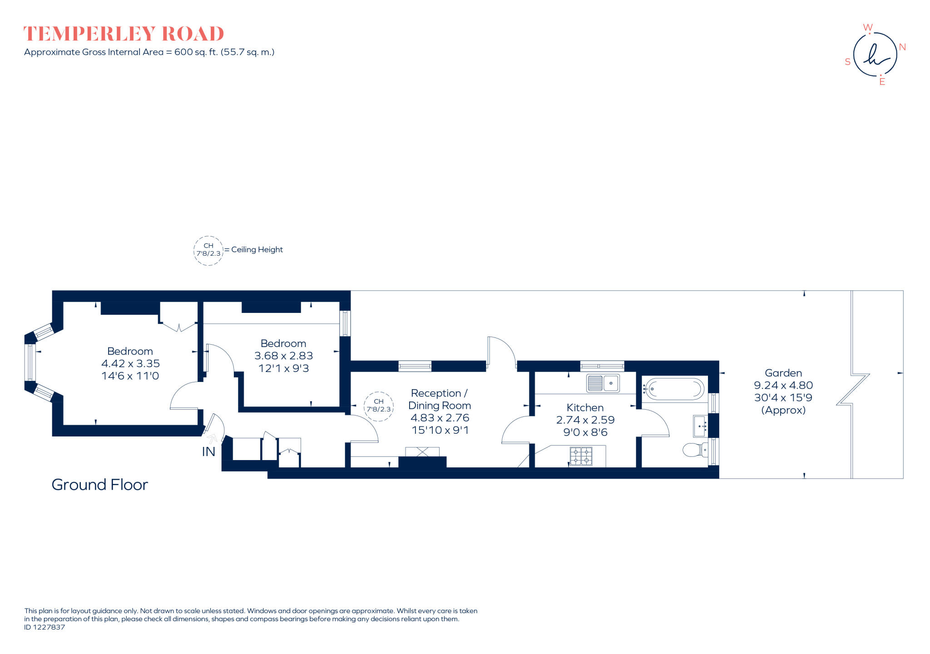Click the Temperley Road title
[x=124, y=34]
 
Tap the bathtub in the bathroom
[x=675, y=389]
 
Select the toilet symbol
[x=693, y=450]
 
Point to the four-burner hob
[x=581, y=456]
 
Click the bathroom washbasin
[x=700, y=426]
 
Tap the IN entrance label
[x=208, y=452]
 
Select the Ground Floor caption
[x=100, y=485]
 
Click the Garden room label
[x=783, y=373]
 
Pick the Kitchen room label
[x=585, y=408]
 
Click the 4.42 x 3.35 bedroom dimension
[x=130, y=364]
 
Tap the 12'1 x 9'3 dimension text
[x=284, y=368]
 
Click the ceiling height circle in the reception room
[x=379, y=406]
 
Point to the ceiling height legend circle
[x=208, y=250]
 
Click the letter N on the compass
[x=902, y=47]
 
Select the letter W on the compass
[x=867, y=28]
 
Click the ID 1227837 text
[x=45, y=627]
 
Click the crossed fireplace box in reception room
[x=422, y=452]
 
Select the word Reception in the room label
[x=435, y=393]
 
